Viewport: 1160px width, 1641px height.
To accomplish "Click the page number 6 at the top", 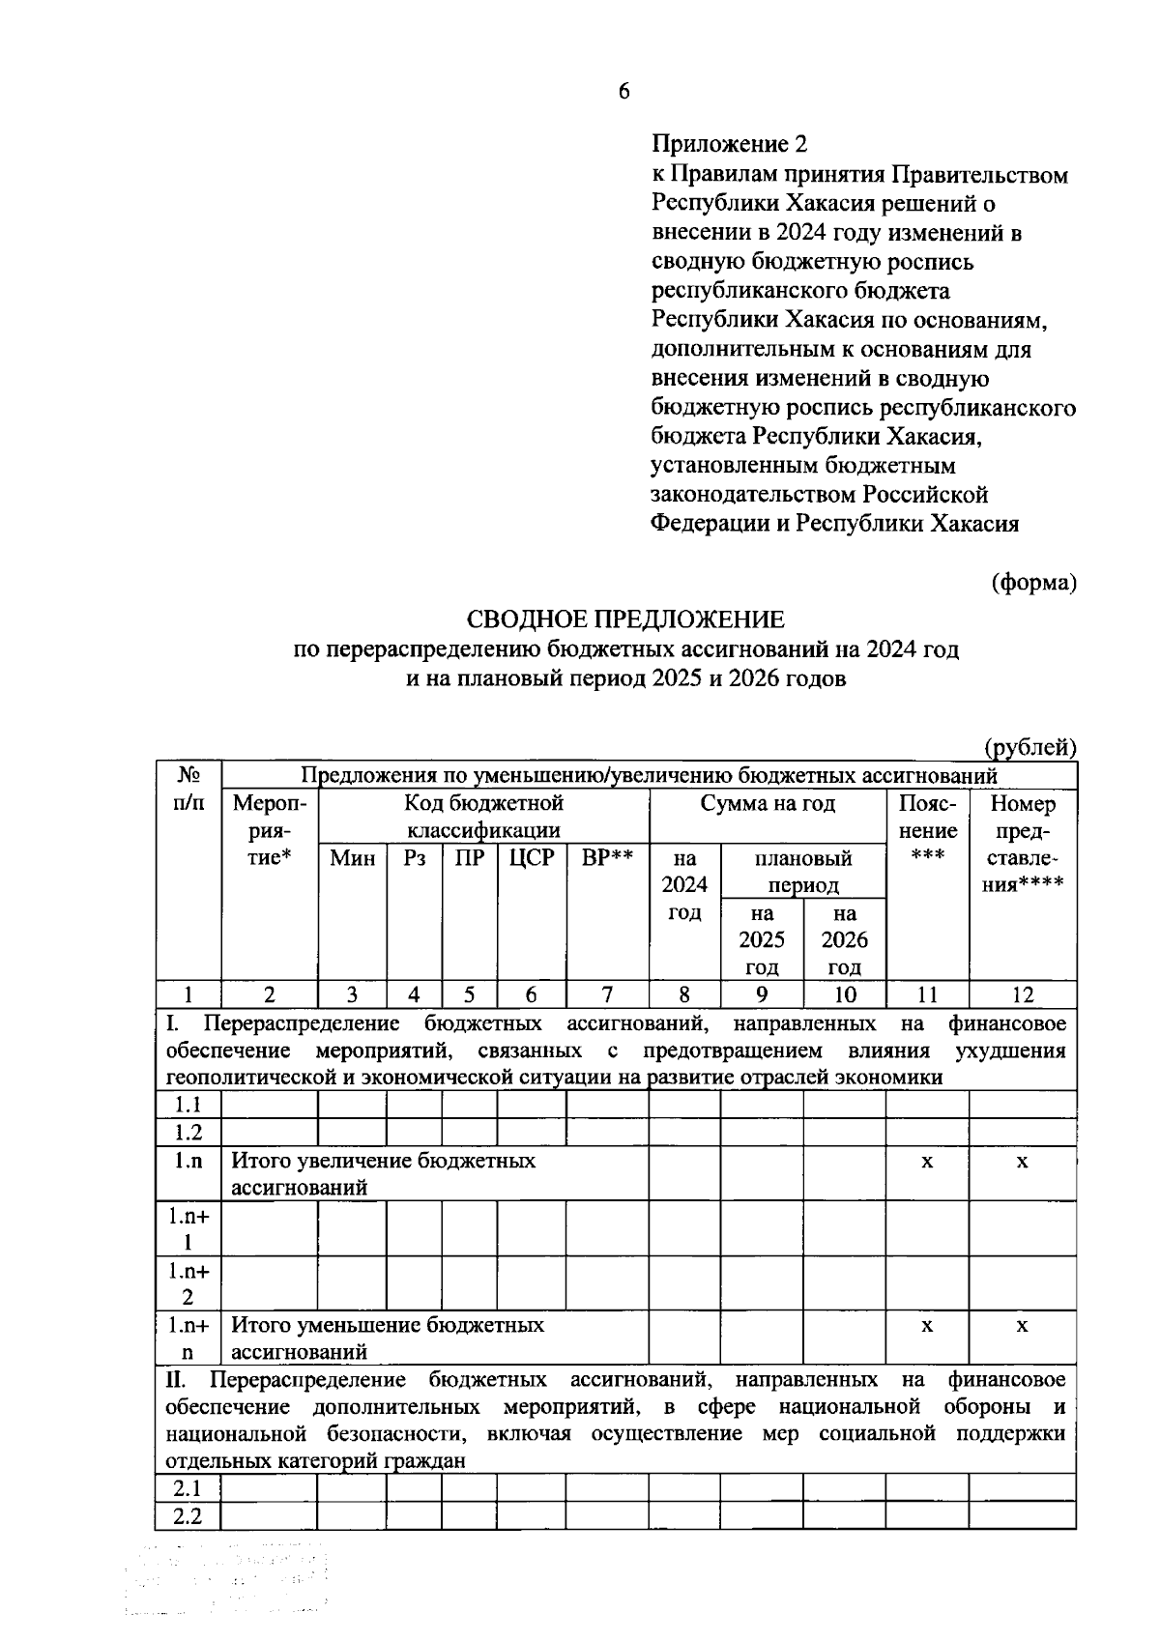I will [623, 92].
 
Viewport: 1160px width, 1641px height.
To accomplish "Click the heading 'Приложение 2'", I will [729, 145].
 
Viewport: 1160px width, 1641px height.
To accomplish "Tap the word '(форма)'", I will [1033, 583].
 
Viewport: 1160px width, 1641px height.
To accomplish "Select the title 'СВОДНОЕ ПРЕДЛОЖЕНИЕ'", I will [625, 619].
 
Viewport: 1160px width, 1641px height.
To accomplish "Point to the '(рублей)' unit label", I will [1029, 747].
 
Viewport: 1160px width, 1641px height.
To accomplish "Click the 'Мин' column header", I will [352, 858].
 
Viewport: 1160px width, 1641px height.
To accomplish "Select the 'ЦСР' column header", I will [531, 858].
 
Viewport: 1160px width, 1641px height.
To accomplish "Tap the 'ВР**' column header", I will [607, 858].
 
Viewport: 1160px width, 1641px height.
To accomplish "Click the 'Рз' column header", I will [414, 858].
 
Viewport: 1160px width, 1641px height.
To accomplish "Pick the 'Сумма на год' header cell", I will [768, 803].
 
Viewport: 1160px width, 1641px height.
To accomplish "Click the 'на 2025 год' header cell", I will [762, 939].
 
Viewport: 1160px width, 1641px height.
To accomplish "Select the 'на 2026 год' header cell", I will [844, 939].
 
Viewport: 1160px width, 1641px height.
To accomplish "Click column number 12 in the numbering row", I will [1022, 994].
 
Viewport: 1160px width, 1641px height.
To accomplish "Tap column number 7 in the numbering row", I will [607, 994].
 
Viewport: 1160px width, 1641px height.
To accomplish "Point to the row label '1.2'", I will [188, 1132].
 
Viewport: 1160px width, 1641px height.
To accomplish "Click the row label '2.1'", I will [188, 1487].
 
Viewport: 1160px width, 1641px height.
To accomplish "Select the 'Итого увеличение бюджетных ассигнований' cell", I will [383, 1173].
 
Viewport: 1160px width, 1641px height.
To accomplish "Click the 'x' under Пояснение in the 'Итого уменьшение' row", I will [926, 1326].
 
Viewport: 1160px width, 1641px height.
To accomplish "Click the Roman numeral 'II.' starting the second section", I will [177, 1379].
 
